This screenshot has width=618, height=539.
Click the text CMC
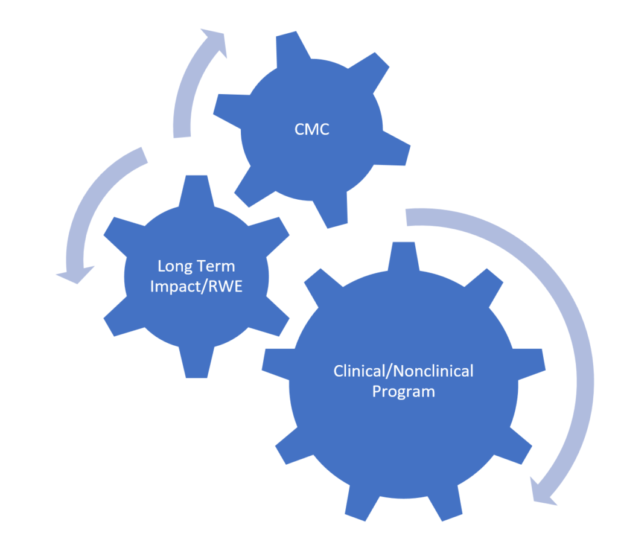coord(313,129)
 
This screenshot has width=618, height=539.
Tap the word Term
coord(217,266)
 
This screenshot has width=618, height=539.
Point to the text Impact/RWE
coord(196,287)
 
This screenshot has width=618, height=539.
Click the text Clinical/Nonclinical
coord(403,371)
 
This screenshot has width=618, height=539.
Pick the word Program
coord(403,391)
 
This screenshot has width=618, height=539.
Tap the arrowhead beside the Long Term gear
coord(71,275)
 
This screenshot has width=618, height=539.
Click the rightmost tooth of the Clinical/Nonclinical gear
coord(534,360)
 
